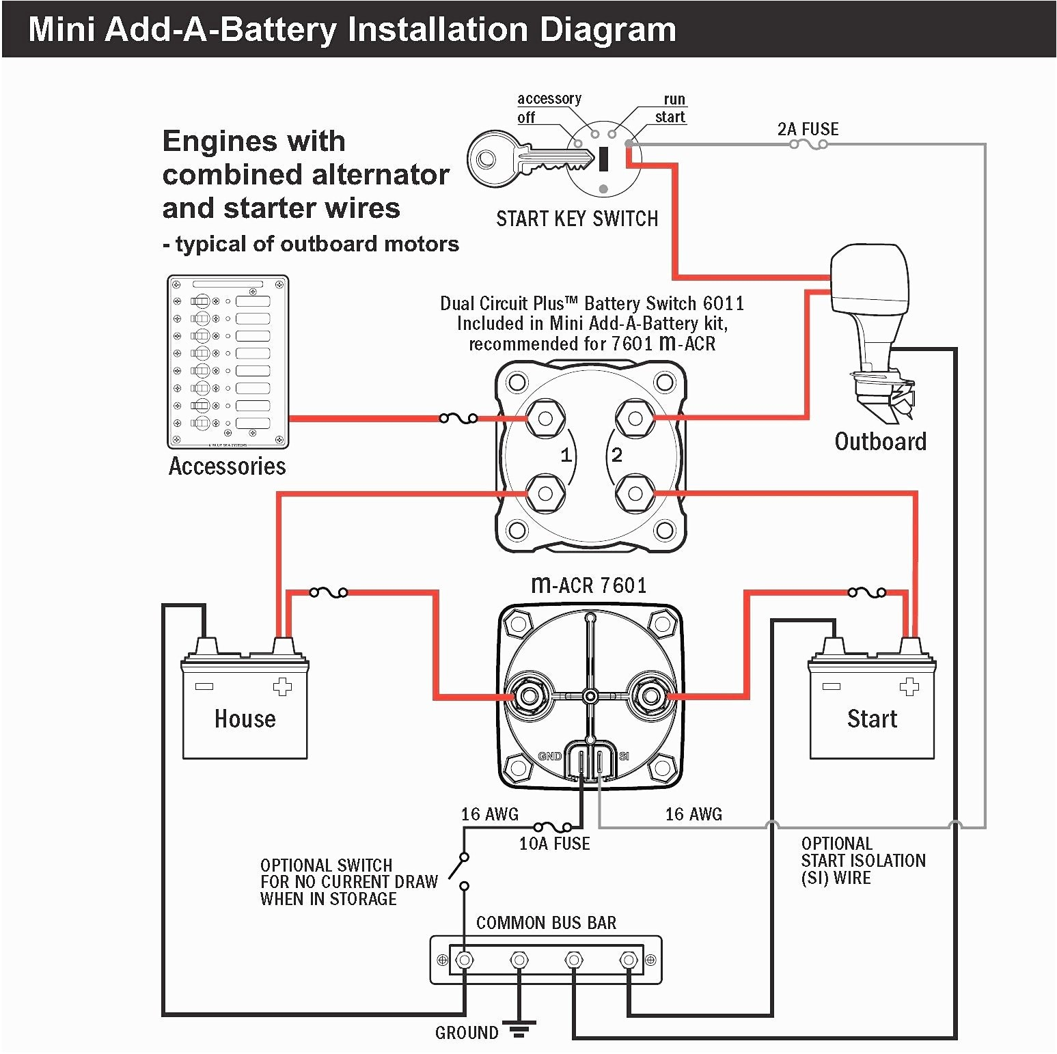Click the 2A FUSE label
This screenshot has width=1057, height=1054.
[x=808, y=129]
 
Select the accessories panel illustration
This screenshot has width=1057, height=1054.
[x=228, y=361]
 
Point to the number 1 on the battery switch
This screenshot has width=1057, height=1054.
[x=566, y=455]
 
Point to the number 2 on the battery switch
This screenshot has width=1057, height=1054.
[x=616, y=455]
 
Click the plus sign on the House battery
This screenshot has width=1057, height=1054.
[x=282, y=687]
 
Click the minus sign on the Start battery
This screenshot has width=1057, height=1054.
[x=831, y=686]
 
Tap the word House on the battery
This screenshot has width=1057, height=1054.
[x=245, y=719]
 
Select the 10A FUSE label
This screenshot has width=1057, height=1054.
[x=554, y=844]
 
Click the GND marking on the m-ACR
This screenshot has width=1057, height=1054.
[x=550, y=756]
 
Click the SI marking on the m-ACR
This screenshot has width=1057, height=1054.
[x=624, y=756]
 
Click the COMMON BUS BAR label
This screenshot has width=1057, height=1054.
[x=546, y=923]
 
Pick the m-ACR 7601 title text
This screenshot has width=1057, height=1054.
[x=588, y=585]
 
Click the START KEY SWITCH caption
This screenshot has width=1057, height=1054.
[x=577, y=219]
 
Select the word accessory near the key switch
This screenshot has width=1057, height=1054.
[x=549, y=98]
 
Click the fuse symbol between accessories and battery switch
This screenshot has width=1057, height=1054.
[x=458, y=418]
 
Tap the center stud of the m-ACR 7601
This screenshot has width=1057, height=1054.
[x=590, y=696]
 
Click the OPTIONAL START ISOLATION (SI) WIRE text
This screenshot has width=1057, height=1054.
[x=863, y=861]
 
